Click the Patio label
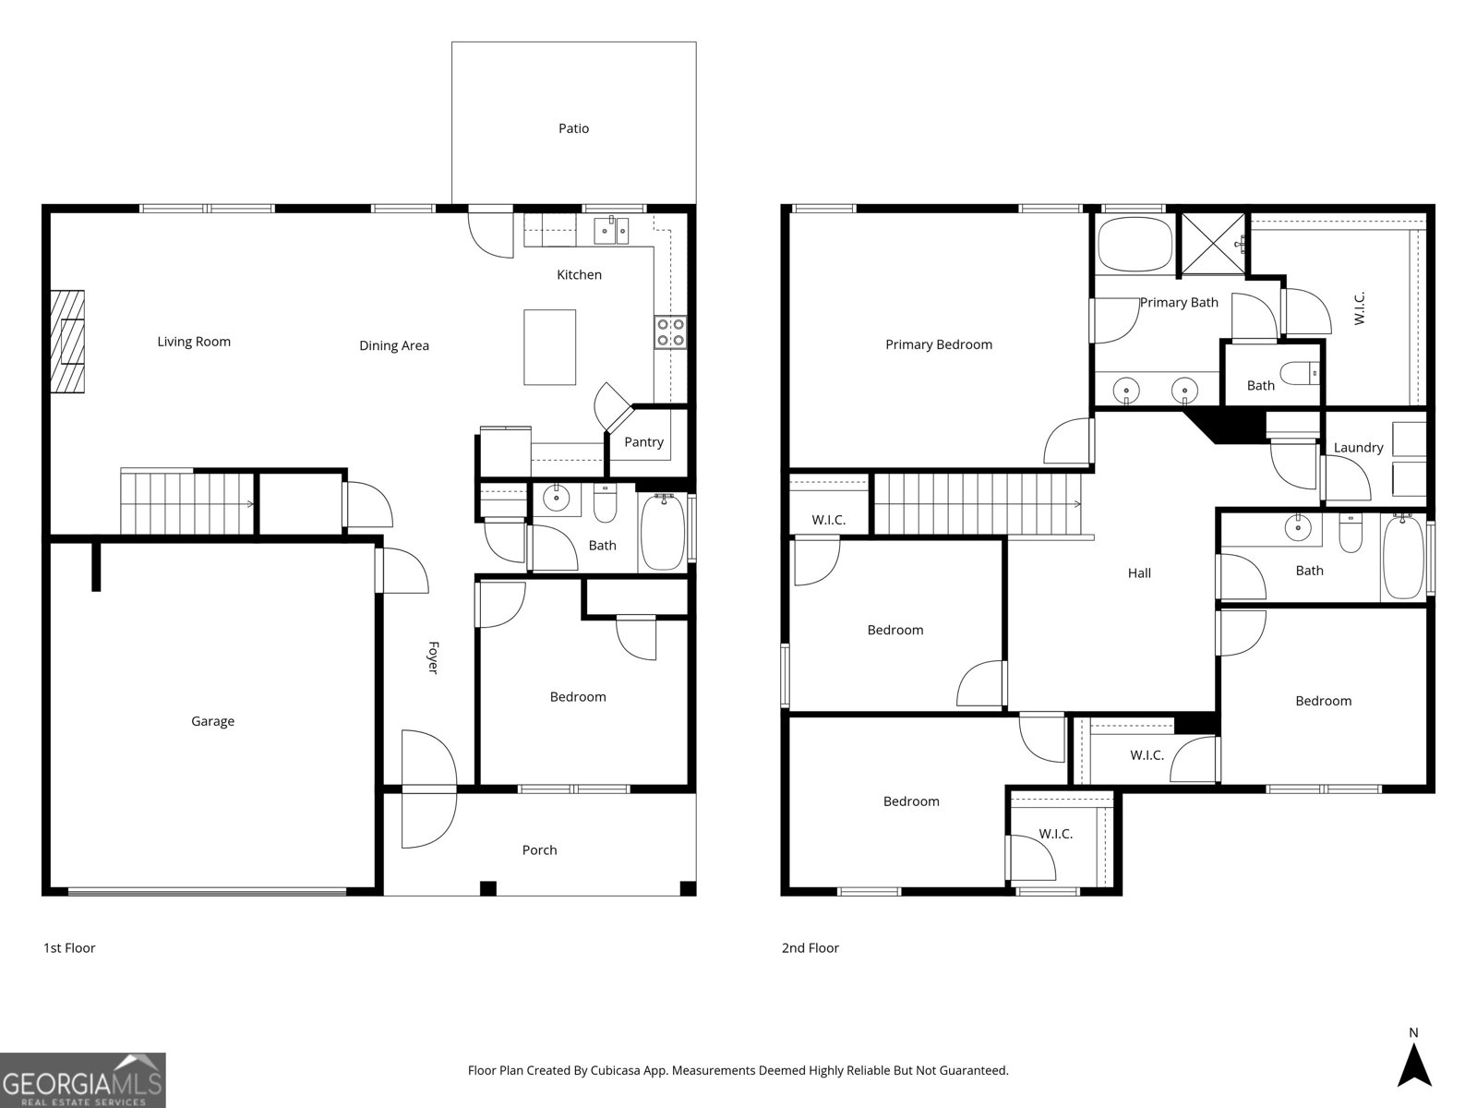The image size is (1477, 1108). tap(573, 128)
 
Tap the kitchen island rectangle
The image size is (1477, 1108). tap(549, 347)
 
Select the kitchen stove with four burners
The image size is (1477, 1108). tap(671, 331)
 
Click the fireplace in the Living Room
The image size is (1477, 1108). tap(67, 342)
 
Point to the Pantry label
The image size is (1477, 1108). tap(643, 441)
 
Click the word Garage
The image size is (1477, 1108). tap(212, 721)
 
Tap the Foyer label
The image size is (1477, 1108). tap(432, 657)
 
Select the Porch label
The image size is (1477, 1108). tap(539, 849)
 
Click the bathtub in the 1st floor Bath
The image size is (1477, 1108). tap(663, 533)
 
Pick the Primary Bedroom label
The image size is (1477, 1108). tap(938, 344)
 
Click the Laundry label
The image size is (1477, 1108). tap(1358, 447)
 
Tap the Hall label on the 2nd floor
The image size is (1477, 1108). tap(1139, 572)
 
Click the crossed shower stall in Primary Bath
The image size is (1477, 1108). tap(1213, 244)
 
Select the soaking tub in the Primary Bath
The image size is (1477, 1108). tap(1135, 244)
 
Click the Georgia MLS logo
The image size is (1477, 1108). tap(83, 1080)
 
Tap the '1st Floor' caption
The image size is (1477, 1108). tap(69, 947)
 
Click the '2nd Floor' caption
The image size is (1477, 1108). tap(810, 947)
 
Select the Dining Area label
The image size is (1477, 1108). tap(394, 345)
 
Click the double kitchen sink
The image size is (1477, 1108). tap(610, 230)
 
